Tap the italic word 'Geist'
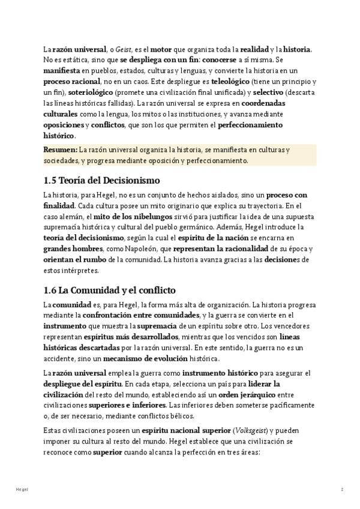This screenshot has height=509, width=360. pyautogui.click(x=123, y=49)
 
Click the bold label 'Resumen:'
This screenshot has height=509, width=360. pyautogui.click(x=61, y=149)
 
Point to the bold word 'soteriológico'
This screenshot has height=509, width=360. pyautogui.click(x=90, y=92)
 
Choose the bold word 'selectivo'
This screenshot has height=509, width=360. pyautogui.click(x=268, y=92)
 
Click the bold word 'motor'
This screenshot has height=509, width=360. pyautogui.click(x=161, y=49)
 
